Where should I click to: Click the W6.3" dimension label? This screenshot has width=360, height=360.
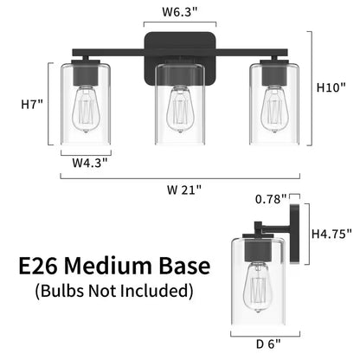[x=181, y=11]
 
